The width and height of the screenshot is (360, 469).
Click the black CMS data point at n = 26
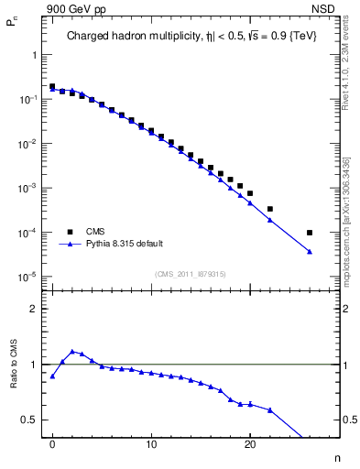coord(310,233)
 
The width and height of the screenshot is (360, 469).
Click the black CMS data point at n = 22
coord(270,209)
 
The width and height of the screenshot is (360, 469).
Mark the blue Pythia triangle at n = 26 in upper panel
coord(310,252)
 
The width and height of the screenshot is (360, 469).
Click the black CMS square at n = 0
coord(52,86)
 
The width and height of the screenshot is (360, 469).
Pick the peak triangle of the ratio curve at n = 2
coord(72,351)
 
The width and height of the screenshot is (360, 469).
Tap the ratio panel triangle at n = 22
coord(270,409)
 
